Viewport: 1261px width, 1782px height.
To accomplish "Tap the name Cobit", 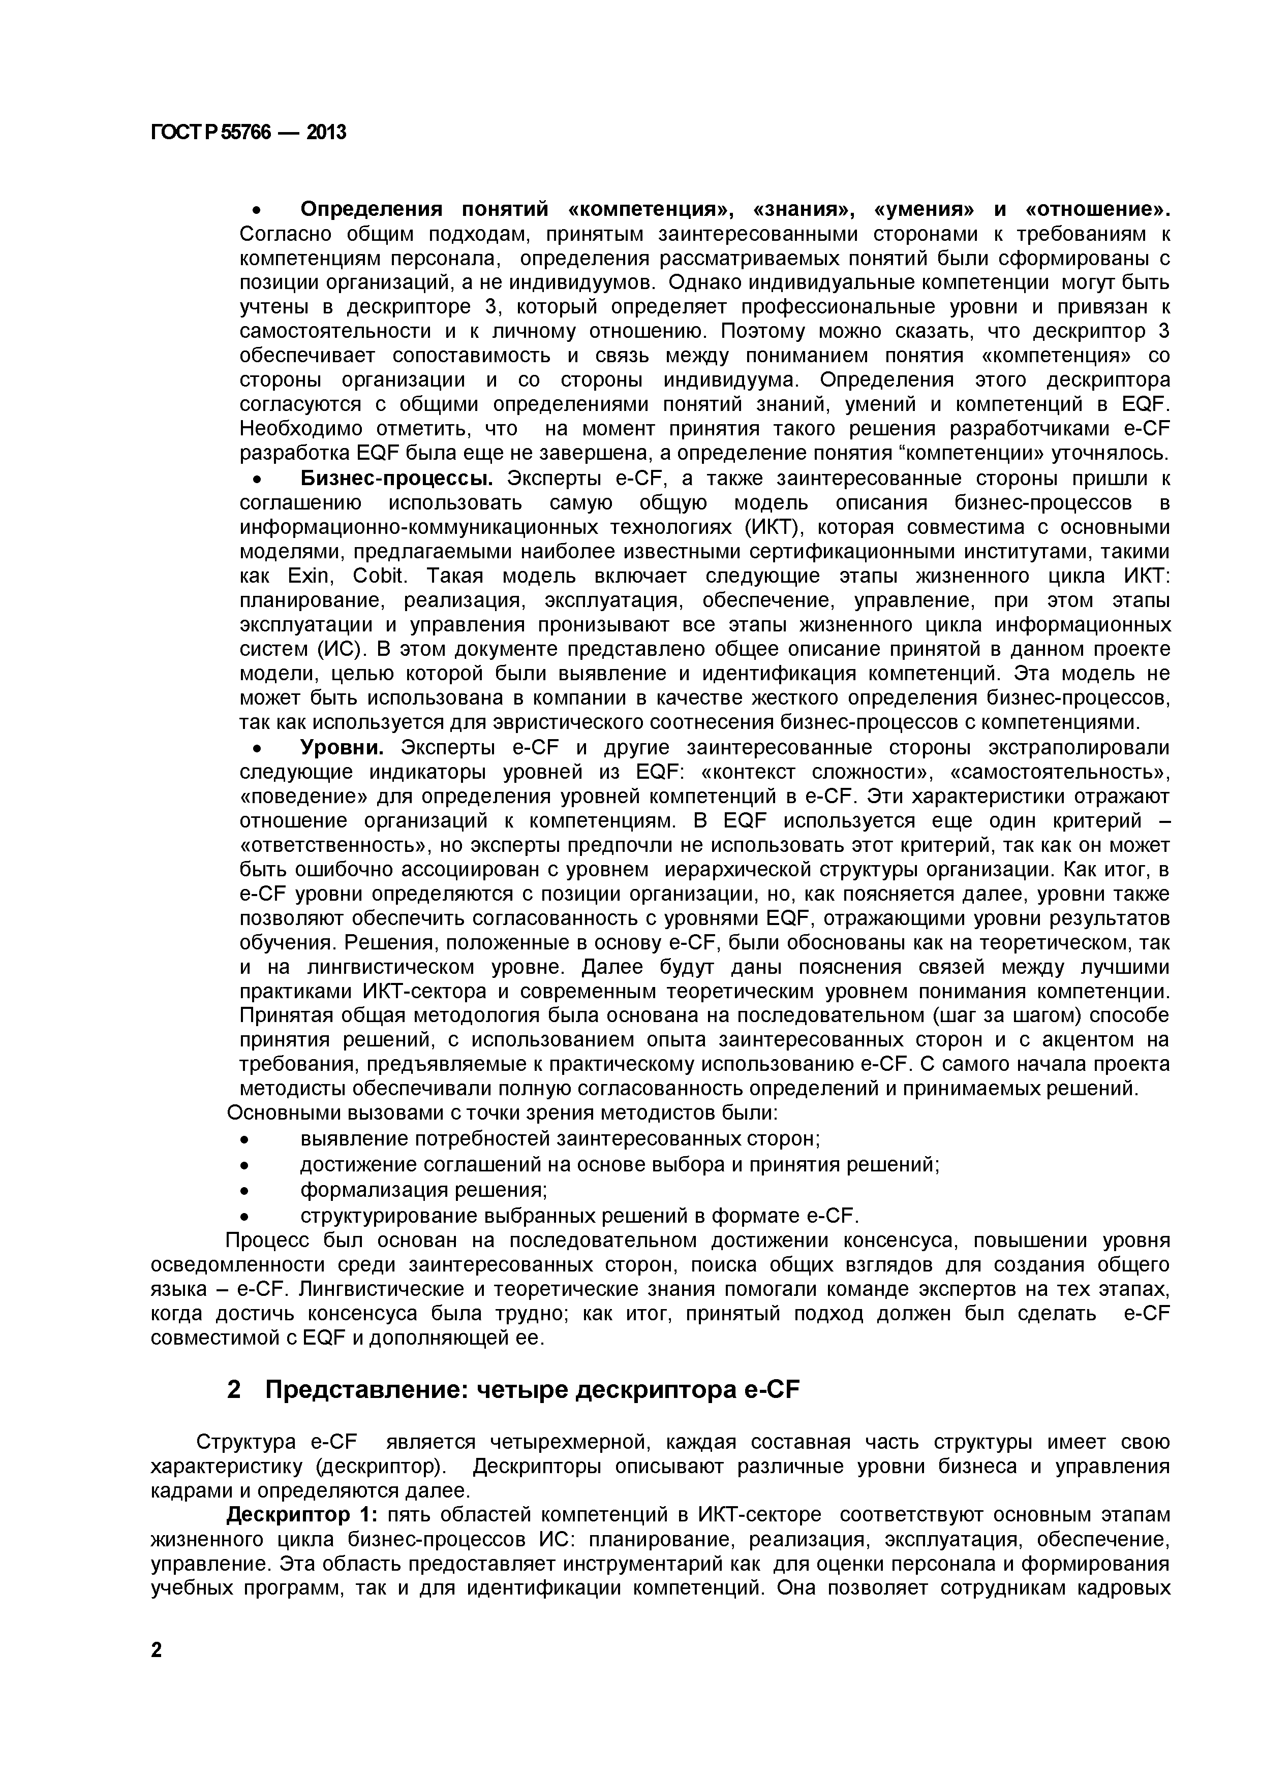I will [x=380, y=576].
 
